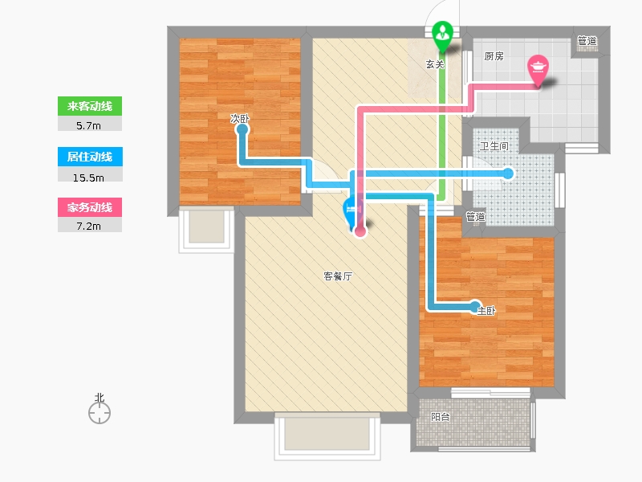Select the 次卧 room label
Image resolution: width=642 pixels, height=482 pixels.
tap(240, 119)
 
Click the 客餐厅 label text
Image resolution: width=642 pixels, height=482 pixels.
tap(338, 276)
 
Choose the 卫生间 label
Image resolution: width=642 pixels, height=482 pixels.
tap(494, 146)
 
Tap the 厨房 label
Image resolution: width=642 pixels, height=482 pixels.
tap(494, 57)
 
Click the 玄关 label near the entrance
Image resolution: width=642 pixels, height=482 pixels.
tap(435, 64)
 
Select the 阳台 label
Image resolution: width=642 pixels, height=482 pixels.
tap(440, 417)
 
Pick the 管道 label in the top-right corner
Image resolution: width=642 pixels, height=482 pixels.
tap(587, 41)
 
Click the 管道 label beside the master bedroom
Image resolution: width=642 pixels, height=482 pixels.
tap(476, 216)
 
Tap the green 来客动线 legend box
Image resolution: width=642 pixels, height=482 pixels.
tap(90, 107)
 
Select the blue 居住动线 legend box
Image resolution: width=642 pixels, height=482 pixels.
tap(90, 157)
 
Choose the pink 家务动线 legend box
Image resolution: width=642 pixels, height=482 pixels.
tap(90, 207)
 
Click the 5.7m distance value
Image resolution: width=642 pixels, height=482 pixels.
tap(90, 125)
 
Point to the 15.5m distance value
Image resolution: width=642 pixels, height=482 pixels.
tap(90, 175)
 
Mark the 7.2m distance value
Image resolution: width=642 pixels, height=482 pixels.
tap(90, 226)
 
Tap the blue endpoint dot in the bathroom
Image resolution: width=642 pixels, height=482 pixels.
tap(508, 173)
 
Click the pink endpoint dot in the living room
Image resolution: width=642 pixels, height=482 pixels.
tap(360, 231)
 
